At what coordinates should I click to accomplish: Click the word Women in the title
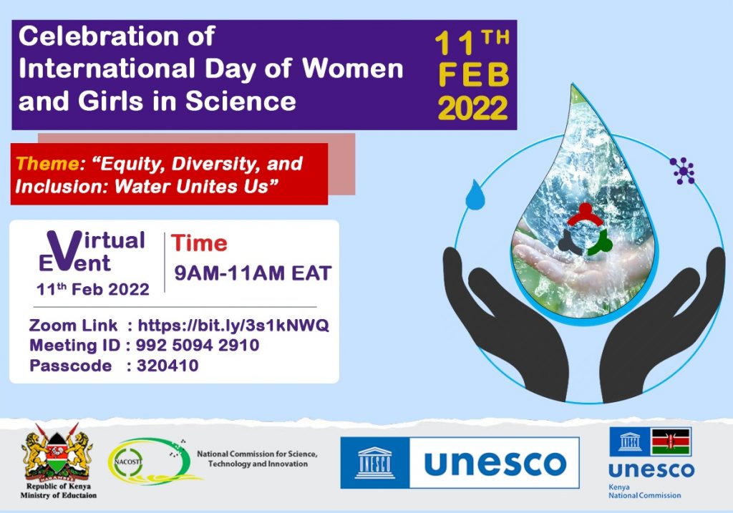click(352, 68)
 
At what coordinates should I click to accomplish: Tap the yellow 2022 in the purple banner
click(472, 108)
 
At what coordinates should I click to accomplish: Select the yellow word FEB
click(474, 75)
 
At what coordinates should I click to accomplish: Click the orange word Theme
click(47, 164)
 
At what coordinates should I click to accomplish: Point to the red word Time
click(199, 243)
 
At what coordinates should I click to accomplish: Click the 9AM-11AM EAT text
click(253, 273)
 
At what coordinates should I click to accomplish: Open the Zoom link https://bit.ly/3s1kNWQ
click(233, 325)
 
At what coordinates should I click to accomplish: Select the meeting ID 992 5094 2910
click(198, 346)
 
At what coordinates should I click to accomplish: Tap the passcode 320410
click(168, 366)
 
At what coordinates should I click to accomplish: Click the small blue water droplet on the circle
click(475, 195)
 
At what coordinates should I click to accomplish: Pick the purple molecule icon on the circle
click(682, 170)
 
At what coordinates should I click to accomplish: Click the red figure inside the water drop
click(584, 215)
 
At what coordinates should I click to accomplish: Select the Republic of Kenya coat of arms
click(57, 452)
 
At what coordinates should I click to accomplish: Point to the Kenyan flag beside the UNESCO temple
click(671, 441)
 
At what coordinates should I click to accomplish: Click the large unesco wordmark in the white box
click(495, 463)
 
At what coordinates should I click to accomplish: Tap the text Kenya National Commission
click(644, 491)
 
